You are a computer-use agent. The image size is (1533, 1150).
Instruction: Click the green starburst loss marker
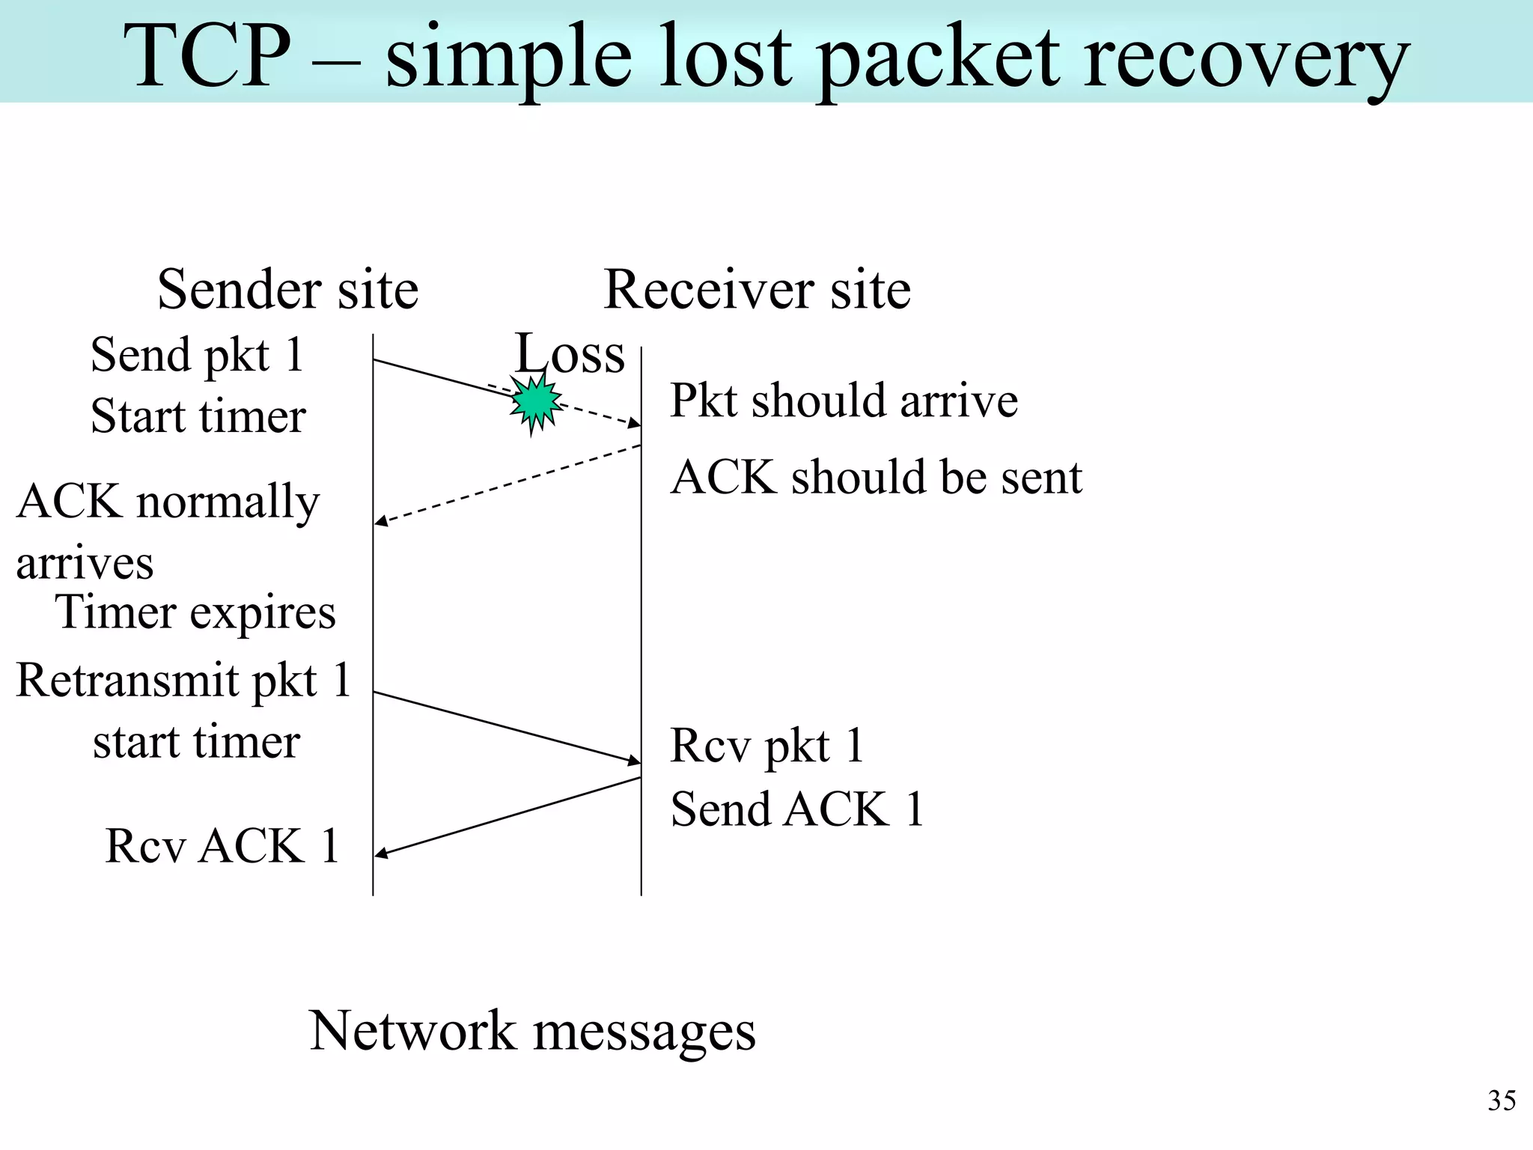point(535,404)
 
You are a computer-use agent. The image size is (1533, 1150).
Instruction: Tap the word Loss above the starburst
point(570,353)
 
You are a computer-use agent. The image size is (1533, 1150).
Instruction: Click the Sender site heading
point(287,290)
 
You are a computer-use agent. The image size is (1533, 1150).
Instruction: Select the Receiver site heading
point(757,290)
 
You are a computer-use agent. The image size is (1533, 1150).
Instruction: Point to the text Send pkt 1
point(197,355)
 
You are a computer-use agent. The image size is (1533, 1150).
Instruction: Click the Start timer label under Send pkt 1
point(198,416)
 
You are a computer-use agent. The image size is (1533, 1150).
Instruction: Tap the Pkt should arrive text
point(844,401)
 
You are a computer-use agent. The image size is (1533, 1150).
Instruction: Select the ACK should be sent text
point(876,478)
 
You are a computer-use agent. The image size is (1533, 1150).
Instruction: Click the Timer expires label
point(195,613)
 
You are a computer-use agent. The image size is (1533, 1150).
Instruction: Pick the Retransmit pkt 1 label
point(183,681)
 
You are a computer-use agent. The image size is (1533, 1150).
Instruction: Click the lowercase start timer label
point(196,742)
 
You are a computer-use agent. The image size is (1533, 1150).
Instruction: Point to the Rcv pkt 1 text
point(766,746)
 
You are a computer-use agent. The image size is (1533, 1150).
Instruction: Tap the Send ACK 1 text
point(797,809)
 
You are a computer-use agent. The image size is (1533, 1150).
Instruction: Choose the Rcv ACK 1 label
point(222,847)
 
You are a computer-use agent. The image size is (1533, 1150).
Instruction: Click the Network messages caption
point(532,1031)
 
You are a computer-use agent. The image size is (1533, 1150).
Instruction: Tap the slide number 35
point(1501,1101)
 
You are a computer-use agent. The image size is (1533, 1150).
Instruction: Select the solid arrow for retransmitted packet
point(507,728)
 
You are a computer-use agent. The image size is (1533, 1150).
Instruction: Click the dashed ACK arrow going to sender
point(507,484)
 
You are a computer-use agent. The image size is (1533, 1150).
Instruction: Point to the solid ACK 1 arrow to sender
point(507,817)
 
